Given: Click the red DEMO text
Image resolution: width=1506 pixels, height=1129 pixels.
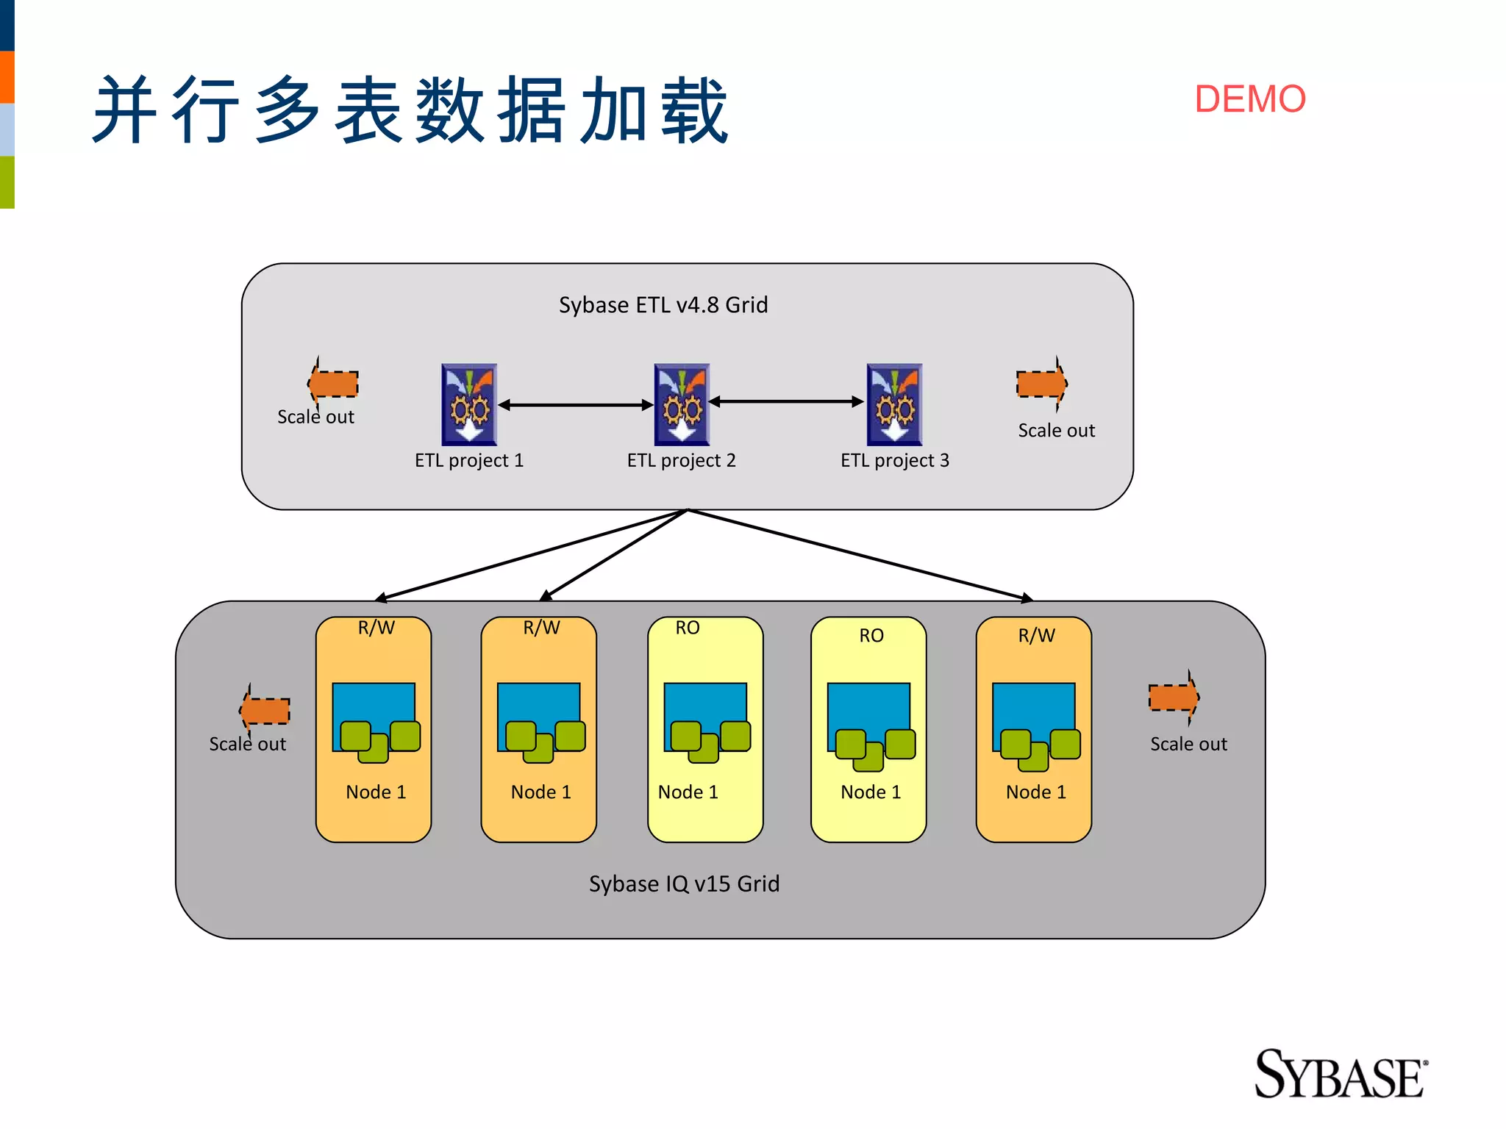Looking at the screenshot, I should click(1249, 99).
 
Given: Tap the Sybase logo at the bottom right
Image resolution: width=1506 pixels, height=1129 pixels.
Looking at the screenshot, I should click(1340, 1075).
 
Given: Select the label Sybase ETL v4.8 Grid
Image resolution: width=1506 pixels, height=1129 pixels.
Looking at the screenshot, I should click(663, 305).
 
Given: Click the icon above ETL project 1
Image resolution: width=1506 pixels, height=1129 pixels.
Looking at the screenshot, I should click(469, 404).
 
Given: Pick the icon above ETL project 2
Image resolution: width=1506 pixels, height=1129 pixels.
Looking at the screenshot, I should click(682, 404).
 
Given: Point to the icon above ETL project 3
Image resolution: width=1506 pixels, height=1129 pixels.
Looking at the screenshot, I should click(894, 404).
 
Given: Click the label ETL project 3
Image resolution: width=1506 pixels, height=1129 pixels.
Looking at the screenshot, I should click(894, 461).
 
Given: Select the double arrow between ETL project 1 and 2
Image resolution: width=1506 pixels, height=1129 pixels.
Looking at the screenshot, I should click(576, 405).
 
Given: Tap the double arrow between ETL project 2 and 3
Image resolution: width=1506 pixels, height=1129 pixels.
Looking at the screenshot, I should click(786, 401).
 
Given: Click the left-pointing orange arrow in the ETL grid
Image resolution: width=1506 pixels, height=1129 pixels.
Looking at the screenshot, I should click(333, 383).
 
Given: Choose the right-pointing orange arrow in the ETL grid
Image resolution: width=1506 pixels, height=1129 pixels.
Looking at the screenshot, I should click(1041, 383).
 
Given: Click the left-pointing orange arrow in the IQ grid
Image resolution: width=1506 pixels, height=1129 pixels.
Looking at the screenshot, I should click(265, 710).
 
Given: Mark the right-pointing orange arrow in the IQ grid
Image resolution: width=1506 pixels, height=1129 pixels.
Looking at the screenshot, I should click(1174, 697).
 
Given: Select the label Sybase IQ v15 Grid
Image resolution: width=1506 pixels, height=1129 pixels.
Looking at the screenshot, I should click(684, 884).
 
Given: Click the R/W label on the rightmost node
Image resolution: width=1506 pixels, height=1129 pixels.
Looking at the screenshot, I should click(1036, 636).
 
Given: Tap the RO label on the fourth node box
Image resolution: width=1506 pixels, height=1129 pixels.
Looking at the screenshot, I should click(871, 636).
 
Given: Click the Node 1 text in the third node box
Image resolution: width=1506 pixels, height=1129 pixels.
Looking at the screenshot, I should click(688, 792).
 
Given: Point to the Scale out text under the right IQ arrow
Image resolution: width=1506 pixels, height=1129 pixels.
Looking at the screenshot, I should click(1188, 745).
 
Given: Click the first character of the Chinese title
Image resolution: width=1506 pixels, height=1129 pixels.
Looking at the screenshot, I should click(126, 110).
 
